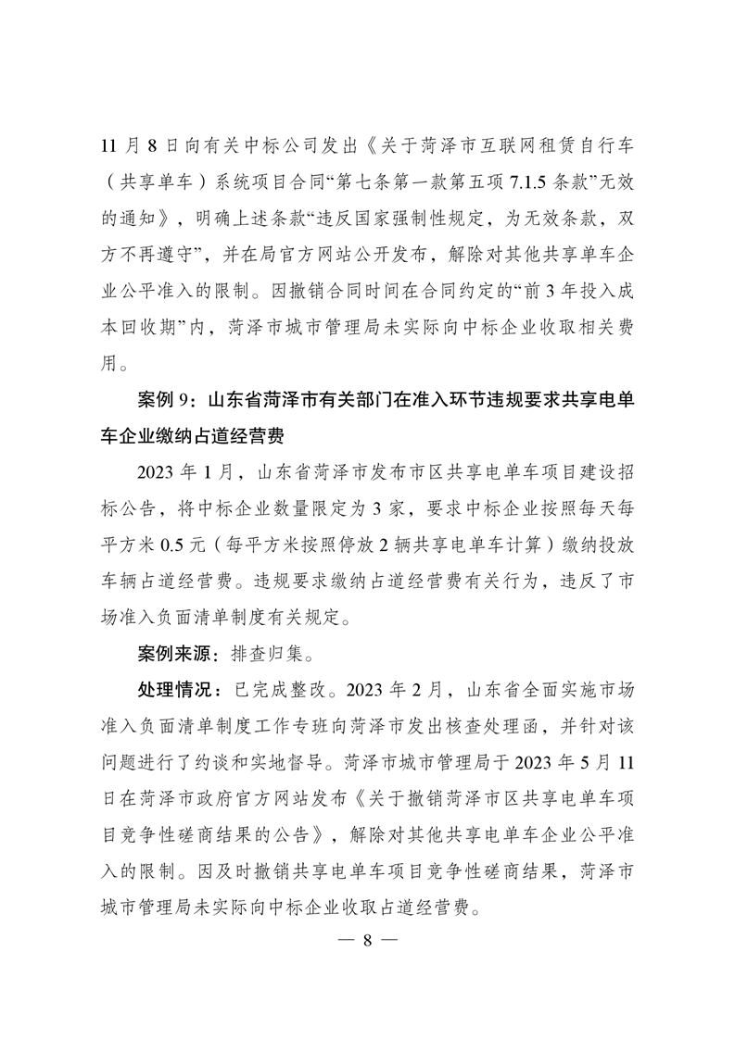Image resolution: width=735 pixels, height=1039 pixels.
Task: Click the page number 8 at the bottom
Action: pyautogui.click(x=367, y=940)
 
